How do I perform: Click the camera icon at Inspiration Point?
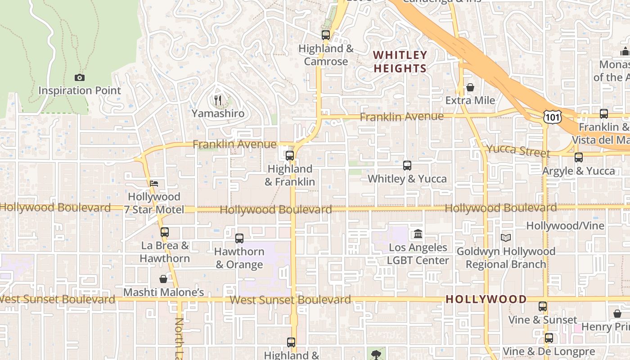point(80,77)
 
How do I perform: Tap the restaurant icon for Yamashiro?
point(218,100)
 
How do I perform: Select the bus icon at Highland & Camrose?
point(326,35)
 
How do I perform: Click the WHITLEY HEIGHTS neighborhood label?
point(400,62)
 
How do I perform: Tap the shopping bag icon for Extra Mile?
point(470,87)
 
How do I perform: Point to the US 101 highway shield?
point(552,117)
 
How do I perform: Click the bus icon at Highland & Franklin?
point(290,156)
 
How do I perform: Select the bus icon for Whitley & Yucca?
point(407,165)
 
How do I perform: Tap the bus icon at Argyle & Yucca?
point(579,157)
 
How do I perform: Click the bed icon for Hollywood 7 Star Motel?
point(154,183)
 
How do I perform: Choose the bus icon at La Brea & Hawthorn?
point(165,232)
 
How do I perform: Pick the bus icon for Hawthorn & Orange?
point(239,238)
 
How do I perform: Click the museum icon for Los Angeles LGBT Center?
point(418,234)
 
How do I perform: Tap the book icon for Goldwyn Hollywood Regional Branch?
point(506,238)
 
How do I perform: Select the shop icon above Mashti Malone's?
point(163,279)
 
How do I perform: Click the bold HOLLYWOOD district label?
point(486,299)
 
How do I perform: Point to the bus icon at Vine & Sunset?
point(543,306)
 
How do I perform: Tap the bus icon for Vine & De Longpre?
point(549,337)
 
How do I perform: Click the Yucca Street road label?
point(518,151)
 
